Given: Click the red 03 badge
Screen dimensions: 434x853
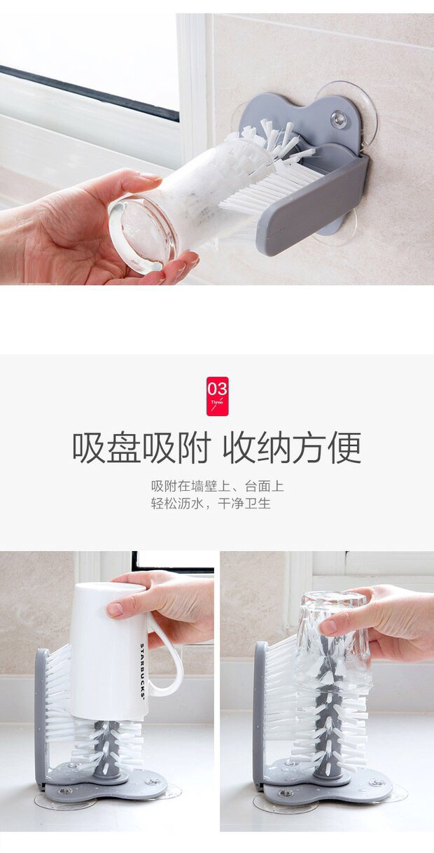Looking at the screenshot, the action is tap(218, 396).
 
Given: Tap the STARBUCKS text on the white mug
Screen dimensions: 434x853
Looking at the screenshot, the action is tap(142, 670).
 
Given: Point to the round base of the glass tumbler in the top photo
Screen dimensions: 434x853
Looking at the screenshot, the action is tap(143, 235).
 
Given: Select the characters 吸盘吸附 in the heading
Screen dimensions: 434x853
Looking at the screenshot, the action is tap(141, 448).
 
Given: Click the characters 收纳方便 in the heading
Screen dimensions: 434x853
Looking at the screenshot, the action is tap(292, 448).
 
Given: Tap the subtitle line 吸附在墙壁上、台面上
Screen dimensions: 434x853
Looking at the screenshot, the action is tap(218, 486).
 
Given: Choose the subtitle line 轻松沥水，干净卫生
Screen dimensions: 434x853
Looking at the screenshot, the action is tap(211, 504).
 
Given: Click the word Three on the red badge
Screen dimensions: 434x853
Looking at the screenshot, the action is tap(218, 402).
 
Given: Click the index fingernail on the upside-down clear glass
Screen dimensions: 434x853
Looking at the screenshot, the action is tap(328, 626).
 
